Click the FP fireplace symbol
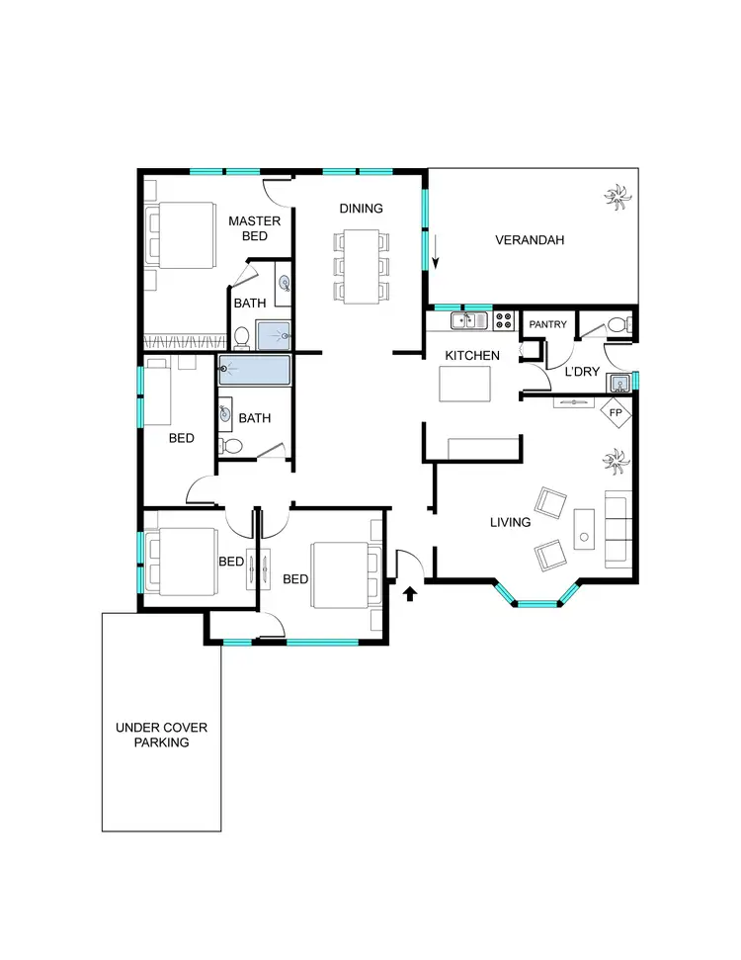click(615, 411)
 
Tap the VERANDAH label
click(530, 239)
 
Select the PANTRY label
click(547, 324)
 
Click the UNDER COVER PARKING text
click(162, 735)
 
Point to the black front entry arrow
click(411, 593)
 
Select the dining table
click(362, 266)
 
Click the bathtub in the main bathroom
click(255, 372)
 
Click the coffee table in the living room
click(584, 529)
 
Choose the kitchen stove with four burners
click(504, 320)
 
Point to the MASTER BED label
click(254, 228)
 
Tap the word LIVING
click(510, 522)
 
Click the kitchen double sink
click(469, 320)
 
